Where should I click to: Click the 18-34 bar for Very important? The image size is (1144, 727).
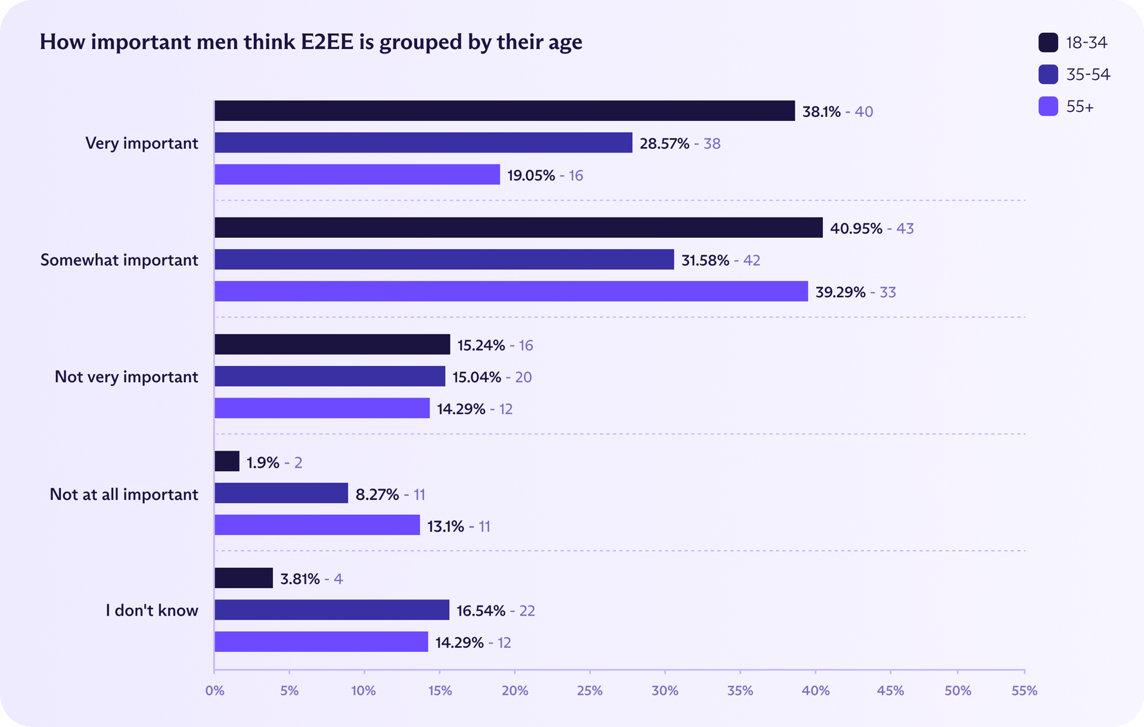504,111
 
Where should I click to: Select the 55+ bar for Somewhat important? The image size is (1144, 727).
511,291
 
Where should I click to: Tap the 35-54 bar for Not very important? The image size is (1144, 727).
329,377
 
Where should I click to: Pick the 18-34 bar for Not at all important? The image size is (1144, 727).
227,462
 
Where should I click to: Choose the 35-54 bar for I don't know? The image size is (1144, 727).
331,610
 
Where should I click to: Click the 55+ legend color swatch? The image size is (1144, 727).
1048,107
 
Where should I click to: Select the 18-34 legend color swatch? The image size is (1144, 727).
1048,43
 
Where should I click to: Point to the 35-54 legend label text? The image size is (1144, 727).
1088,74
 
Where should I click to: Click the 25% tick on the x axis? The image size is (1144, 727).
589,690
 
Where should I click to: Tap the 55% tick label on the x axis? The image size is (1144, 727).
1024,690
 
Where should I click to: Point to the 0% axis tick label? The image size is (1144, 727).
214,690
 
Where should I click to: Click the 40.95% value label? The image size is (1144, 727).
856,228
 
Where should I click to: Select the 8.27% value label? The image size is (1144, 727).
377,494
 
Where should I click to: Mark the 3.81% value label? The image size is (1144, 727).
300,579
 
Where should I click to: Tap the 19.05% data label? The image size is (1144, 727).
531,175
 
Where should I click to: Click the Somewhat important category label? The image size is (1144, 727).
119,260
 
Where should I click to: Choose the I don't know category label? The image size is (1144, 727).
152,610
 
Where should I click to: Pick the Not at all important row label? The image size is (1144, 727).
124,494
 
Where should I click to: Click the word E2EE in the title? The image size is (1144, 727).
327,42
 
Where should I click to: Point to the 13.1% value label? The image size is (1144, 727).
445,526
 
